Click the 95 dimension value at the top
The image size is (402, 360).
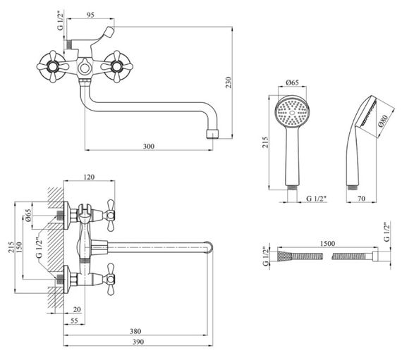point(90,15)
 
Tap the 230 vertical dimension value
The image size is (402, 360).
point(228,82)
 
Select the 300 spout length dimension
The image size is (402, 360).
point(149,147)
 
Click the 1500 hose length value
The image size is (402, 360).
point(328,243)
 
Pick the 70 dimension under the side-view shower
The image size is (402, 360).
point(361,198)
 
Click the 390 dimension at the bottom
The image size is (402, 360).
point(138,342)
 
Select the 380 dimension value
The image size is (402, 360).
point(135,331)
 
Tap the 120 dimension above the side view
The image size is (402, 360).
point(89,177)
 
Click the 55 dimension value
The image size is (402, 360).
point(74,321)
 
